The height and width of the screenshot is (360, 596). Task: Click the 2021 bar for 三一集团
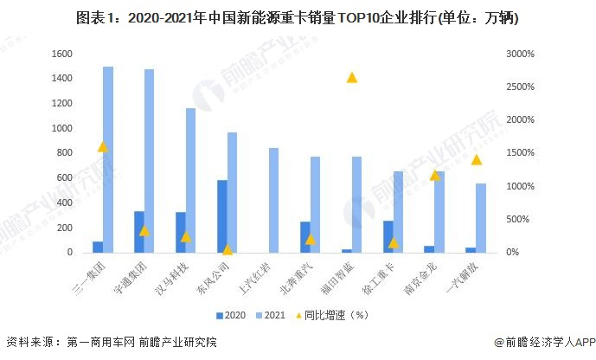(108, 159)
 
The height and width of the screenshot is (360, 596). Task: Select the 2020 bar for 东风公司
(222, 216)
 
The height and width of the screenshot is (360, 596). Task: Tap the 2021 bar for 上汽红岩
(273, 201)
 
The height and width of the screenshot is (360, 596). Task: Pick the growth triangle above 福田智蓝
(352, 78)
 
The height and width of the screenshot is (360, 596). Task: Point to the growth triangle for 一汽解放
(477, 160)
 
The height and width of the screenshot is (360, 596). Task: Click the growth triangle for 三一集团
(103, 147)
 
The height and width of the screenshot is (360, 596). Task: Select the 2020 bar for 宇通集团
(139, 232)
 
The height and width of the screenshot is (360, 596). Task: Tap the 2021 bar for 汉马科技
(190, 181)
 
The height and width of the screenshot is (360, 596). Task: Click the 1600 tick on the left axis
(62, 54)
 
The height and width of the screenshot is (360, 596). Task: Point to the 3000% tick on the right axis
(520, 54)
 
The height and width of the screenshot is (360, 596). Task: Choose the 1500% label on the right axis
(520, 153)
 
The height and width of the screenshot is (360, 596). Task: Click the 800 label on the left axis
(65, 153)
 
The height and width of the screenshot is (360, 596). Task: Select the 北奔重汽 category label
(296, 278)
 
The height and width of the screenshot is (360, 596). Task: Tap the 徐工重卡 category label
(379, 278)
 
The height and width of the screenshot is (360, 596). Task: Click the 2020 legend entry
(231, 315)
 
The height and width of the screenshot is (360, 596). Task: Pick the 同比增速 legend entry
(332, 315)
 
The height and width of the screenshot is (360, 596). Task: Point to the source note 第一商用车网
(100, 342)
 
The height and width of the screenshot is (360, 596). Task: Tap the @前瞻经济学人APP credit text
(545, 342)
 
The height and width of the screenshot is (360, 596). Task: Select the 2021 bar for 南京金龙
(439, 212)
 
